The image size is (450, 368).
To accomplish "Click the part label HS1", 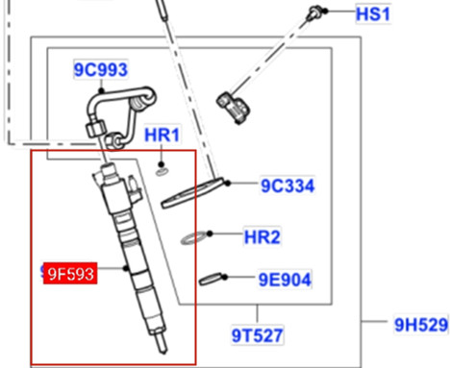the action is (373, 14).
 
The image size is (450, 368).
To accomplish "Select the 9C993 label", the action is (101, 69).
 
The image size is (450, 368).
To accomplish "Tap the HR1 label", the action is (162, 135).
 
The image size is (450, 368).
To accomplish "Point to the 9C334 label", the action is (287, 185).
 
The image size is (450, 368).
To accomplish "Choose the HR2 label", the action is (262, 237).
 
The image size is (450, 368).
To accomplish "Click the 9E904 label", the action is (285, 280).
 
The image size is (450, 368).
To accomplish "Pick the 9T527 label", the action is (257, 335).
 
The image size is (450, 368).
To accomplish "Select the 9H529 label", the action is (421, 325).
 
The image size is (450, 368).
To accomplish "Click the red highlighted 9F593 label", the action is (70, 274).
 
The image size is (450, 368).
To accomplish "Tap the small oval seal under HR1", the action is (162, 172).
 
